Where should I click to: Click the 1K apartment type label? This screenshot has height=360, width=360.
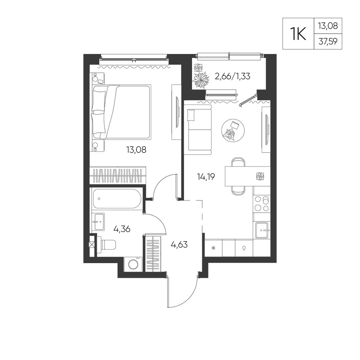(x=298, y=34)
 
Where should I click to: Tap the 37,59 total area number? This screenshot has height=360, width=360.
(x=328, y=41)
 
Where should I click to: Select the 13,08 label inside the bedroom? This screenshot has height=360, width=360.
(x=136, y=150)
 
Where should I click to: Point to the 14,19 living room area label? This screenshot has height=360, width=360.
(x=206, y=176)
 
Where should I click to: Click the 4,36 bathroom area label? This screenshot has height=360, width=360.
(x=122, y=229)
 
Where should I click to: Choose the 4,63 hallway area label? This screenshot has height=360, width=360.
(x=179, y=245)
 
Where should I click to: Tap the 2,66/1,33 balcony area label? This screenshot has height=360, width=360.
(x=232, y=76)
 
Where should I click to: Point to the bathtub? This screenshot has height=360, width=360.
(x=117, y=199)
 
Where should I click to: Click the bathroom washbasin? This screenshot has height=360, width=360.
(x=98, y=222)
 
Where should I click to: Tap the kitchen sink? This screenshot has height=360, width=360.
(x=262, y=230)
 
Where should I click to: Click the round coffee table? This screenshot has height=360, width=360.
(x=233, y=130)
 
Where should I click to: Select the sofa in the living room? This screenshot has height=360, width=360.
(x=198, y=130)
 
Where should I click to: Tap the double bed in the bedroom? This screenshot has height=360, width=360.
(x=121, y=112)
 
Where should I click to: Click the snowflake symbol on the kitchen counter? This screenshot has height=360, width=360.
(x=213, y=248)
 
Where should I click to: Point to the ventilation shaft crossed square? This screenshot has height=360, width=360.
(x=92, y=245)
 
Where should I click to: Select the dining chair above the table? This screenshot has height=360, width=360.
(x=238, y=162)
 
